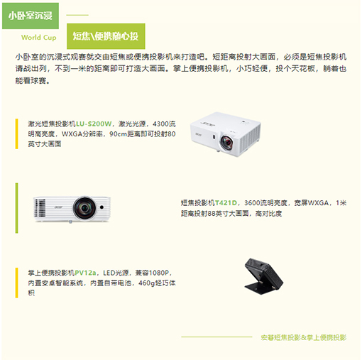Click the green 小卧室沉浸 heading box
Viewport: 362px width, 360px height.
(31, 16)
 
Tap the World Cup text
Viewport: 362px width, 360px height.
(39, 38)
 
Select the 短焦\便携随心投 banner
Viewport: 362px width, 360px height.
(106, 36)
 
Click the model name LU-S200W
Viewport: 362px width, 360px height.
(94, 124)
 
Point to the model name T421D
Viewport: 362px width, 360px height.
(226, 203)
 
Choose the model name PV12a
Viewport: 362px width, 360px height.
(85, 273)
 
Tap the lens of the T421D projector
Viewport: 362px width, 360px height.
(84, 208)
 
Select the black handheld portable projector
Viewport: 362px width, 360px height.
(263, 276)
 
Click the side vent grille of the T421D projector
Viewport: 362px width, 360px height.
(40, 208)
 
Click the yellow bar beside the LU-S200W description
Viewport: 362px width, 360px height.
(16, 134)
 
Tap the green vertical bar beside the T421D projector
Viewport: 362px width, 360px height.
(16, 208)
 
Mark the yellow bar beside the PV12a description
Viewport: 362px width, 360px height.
(16, 283)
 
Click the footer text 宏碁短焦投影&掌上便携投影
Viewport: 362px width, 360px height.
(304, 337)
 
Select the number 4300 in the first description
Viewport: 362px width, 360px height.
(161, 124)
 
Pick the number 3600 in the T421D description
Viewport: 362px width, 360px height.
(252, 203)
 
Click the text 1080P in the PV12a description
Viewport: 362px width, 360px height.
(159, 273)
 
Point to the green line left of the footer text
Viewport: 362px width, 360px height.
(216, 337)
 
